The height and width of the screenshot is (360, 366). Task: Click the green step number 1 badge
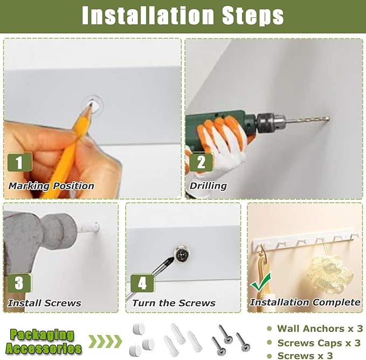pos(19,162)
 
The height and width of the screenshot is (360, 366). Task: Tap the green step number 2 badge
pos(201,162)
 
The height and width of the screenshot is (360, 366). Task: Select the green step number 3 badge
pos(19,283)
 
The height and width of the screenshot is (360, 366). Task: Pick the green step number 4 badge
pos(142,283)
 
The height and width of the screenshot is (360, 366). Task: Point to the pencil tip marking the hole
pos(91,104)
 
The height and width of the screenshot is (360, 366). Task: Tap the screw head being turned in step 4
pos(182,254)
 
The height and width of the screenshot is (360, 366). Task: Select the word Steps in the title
pos(253,16)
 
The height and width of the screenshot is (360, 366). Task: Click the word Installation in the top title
pos(148,16)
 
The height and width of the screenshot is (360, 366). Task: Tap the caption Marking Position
pos(51,186)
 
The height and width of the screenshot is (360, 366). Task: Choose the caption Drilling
pos(208,186)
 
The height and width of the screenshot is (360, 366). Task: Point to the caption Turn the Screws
pos(174,303)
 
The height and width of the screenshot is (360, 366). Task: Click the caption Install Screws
pos(45,303)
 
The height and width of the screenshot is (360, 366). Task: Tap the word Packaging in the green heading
pos(42,335)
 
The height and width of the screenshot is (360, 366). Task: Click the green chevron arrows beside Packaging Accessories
pos(105,342)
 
